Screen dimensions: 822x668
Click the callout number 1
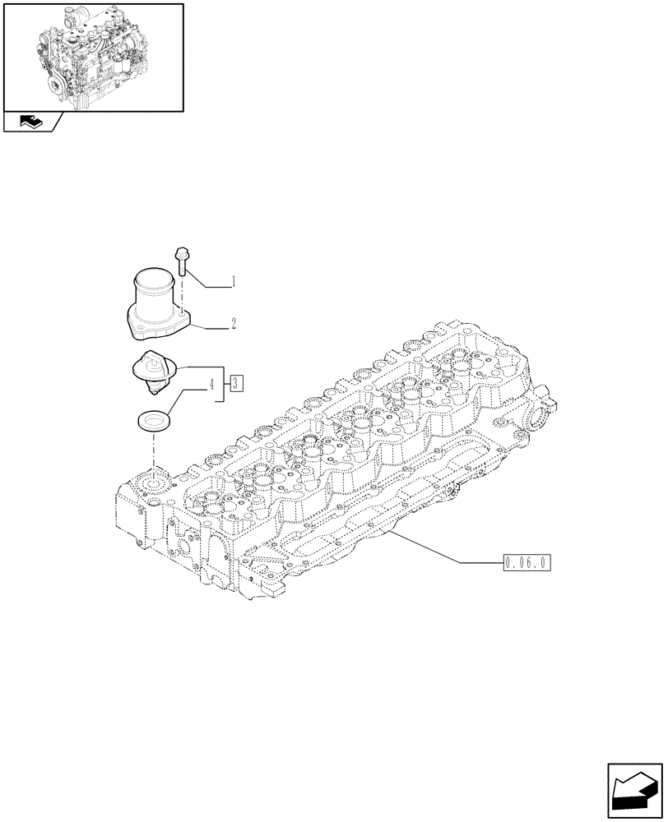tap(233, 282)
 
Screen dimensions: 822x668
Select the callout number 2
tap(234, 323)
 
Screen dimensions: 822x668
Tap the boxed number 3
tap(236, 382)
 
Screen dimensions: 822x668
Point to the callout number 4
tap(211, 383)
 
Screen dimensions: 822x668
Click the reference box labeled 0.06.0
tap(525, 563)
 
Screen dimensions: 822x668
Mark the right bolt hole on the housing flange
tap(180, 312)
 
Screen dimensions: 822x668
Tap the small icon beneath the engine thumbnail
tap(31, 123)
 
